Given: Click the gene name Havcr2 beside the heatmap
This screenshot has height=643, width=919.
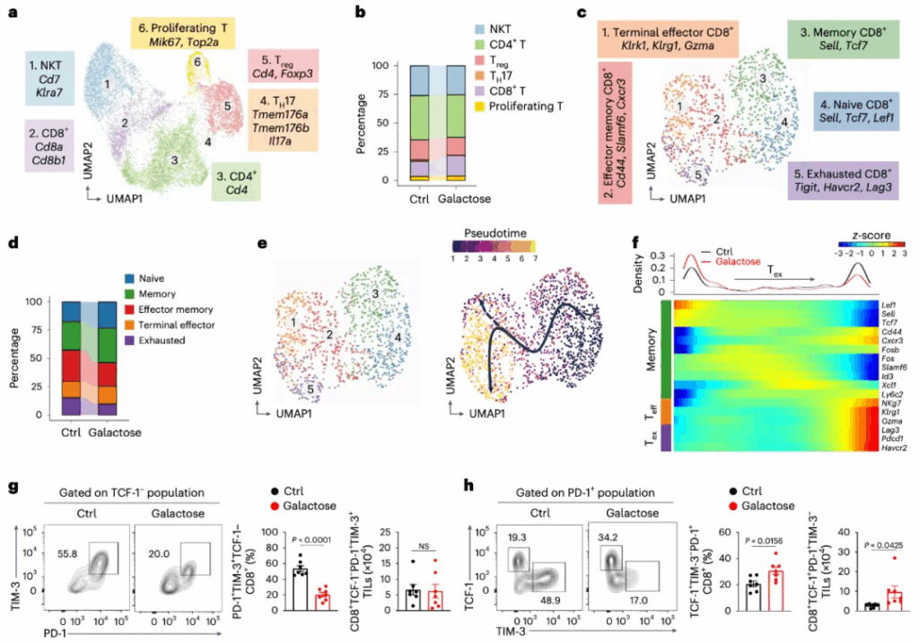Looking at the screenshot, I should click(891, 447).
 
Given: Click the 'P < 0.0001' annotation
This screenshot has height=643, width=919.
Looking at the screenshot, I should click(310, 537).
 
